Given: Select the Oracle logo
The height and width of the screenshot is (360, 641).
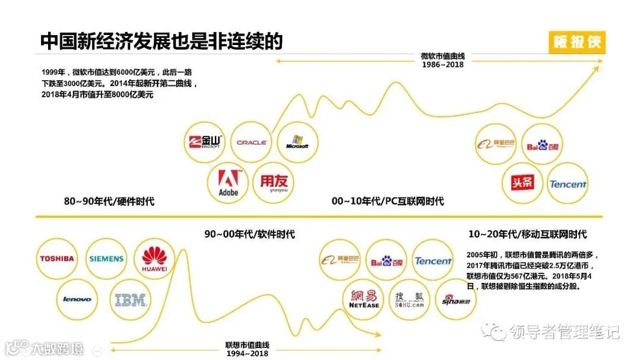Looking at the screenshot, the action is point(251,142).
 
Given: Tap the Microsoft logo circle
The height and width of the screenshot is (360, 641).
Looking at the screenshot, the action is point(297,143).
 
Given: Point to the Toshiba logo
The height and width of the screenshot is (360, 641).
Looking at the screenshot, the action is point(57,259).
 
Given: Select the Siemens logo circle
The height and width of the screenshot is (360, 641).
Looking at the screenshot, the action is point(106,259).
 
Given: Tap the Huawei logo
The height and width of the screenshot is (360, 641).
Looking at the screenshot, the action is point(154,259).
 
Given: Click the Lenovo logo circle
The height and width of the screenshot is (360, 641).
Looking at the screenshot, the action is point(77,299).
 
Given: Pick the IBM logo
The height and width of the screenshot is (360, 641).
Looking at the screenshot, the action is point(130,300).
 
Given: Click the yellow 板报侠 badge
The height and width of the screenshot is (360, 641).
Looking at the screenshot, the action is point(577,43).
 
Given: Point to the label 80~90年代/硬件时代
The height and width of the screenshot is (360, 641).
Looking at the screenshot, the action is point(109,202).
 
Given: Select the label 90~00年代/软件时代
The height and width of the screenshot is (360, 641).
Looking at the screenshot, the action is point(249,234).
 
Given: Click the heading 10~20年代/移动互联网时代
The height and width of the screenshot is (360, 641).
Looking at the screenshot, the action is point(527,234).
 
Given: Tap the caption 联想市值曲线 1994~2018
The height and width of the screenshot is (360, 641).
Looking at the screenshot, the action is point(247,349).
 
